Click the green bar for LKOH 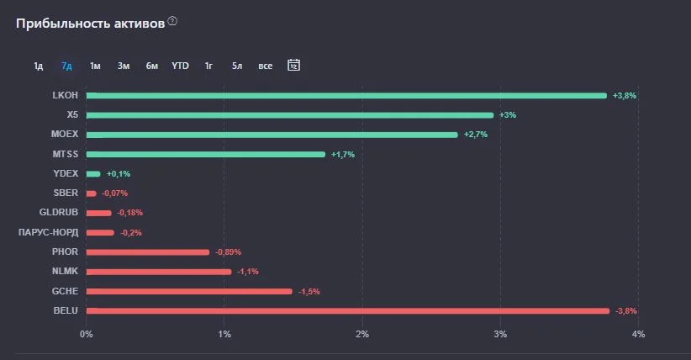pyautogui.click(x=346, y=96)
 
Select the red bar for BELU pyautogui.click(x=348, y=311)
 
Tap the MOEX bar pyautogui.click(x=272, y=135)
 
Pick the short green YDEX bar pyautogui.click(x=93, y=174)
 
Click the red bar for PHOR pyautogui.click(x=148, y=252)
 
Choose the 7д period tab pyautogui.click(x=66, y=66)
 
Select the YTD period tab pyautogui.click(x=180, y=66)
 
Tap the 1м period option pyautogui.click(x=95, y=66)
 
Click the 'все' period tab pyautogui.click(x=266, y=66)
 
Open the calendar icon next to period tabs pyautogui.click(x=294, y=65)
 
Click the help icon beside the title pyautogui.click(x=173, y=21)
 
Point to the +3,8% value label pyautogui.click(x=625, y=96)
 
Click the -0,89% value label pyautogui.click(x=229, y=252)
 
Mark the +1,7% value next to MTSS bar pyautogui.click(x=343, y=155)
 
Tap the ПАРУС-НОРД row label pyautogui.click(x=49, y=232)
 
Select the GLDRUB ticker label pyautogui.click(x=59, y=212)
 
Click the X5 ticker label pyautogui.click(x=72, y=114)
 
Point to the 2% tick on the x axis pyautogui.click(x=362, y=335)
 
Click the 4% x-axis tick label pyautogui.click(x=638, y=335)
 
